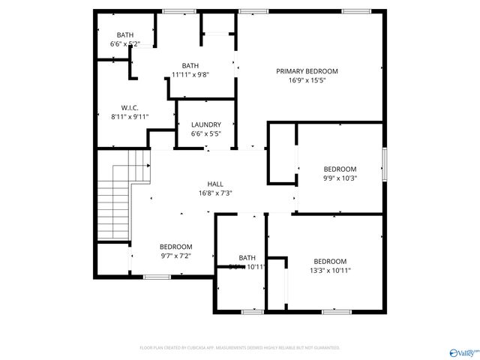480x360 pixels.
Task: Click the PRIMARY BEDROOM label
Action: click(x=307, y=71)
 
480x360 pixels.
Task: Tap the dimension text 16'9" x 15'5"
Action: click(x=307, y=80)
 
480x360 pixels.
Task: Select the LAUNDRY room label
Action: click(x=205, y=124)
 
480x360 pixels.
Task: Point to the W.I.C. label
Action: click(x=130, y=107)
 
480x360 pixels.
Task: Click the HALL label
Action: click(x=215, y=184)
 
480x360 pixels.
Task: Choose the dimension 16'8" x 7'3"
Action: click(x=215, y=193)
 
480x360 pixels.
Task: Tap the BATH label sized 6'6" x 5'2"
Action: click(x=125, y=35)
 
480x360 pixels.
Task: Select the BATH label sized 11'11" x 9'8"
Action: click(x=190, y=65)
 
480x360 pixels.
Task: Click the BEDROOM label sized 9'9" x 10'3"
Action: click(x=340, y=169)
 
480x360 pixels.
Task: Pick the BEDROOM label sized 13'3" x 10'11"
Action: click(x=330, y=261)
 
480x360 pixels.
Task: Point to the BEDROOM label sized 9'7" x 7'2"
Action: click(x=175, y=247)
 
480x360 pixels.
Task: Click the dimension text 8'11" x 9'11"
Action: click(x=130, y=116)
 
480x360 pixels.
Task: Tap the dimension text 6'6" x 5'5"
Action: click(x=205, y=133)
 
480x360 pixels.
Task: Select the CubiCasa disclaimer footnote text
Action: click(x=240, y=348)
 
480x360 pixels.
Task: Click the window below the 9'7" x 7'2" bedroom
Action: click(x=156, y=277)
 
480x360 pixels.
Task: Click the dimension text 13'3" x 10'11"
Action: click(x=330, y=270)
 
